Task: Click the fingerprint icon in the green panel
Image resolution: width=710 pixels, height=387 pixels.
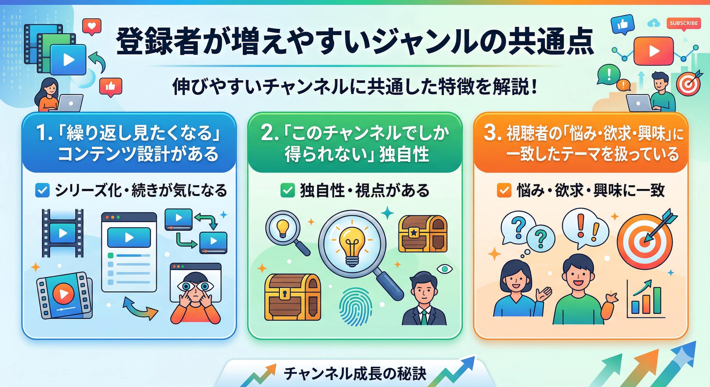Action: tap(356, 307)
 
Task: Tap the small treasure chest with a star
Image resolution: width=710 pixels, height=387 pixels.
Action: tap(423, 234)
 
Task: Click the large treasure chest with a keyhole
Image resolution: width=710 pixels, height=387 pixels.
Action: tap(292, 297)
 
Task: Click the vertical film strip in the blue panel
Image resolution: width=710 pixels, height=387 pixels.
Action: tap(63, 233)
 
